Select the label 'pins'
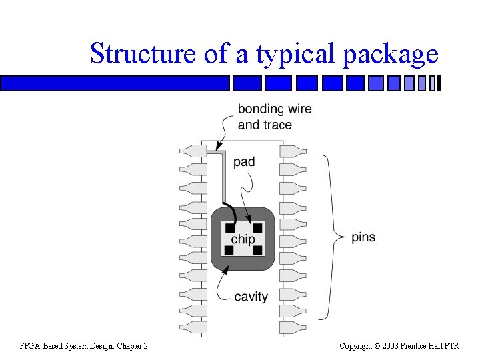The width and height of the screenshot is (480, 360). tap(363, 238)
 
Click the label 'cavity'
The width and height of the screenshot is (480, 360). tap(251, 297)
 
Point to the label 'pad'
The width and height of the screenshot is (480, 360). tap(244, 161)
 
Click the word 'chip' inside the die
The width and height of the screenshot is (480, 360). tap(243, 239)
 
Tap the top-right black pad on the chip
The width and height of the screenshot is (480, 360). tap(257, 228)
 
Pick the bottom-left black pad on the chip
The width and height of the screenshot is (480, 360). tap(229, 250)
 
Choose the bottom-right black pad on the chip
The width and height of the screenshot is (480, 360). tap(257, 250)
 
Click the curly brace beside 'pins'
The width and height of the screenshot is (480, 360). tap(329, 237)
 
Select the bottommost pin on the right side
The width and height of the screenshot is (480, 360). tap(293, 327)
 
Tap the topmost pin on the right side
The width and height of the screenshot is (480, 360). tap(293, 151)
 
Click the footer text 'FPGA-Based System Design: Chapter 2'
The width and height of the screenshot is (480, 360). tap(84, 345)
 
